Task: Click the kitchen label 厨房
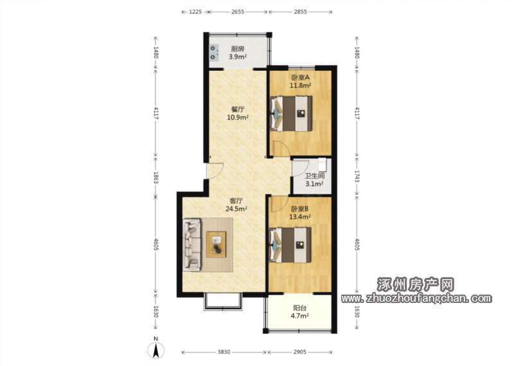(238, 50)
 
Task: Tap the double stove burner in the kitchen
(214, 53)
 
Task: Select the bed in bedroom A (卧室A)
(291, 113)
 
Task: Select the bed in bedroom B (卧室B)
(290, 245)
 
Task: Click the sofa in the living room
(192, 244)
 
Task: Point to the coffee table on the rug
(217, 244)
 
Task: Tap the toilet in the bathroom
(323, 165)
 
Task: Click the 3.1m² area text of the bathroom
(314, 184)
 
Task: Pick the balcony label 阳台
(299, 308)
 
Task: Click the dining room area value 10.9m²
(238, 117)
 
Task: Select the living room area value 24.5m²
(236, 208)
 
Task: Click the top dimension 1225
(195, 12)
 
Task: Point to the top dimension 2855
(300, 12)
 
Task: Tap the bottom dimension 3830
(224, 352)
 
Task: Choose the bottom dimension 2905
(299, 352)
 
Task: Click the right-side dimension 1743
(357, 178)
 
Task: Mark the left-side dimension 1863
(155, 178)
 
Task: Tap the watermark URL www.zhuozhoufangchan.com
(416, 298)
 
